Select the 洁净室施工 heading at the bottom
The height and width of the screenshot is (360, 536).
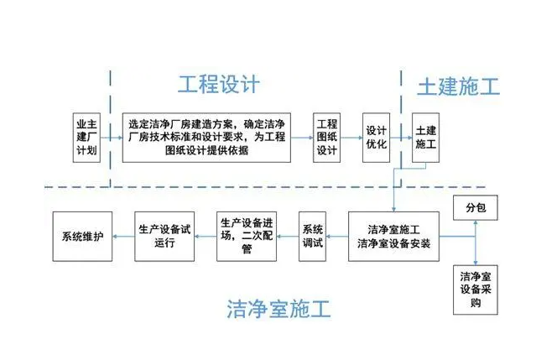(278, 310)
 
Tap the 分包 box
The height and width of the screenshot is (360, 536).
(475, 206)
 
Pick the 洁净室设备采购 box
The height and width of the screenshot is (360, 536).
(475, 290)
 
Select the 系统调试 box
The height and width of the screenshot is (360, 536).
(312, 236)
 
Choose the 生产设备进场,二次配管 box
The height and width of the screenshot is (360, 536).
(247, 236)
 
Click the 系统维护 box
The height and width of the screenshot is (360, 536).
(82, 236)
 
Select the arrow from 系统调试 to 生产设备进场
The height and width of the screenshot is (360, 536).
(288, 236)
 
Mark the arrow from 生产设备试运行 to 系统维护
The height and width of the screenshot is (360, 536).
(123, 236)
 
